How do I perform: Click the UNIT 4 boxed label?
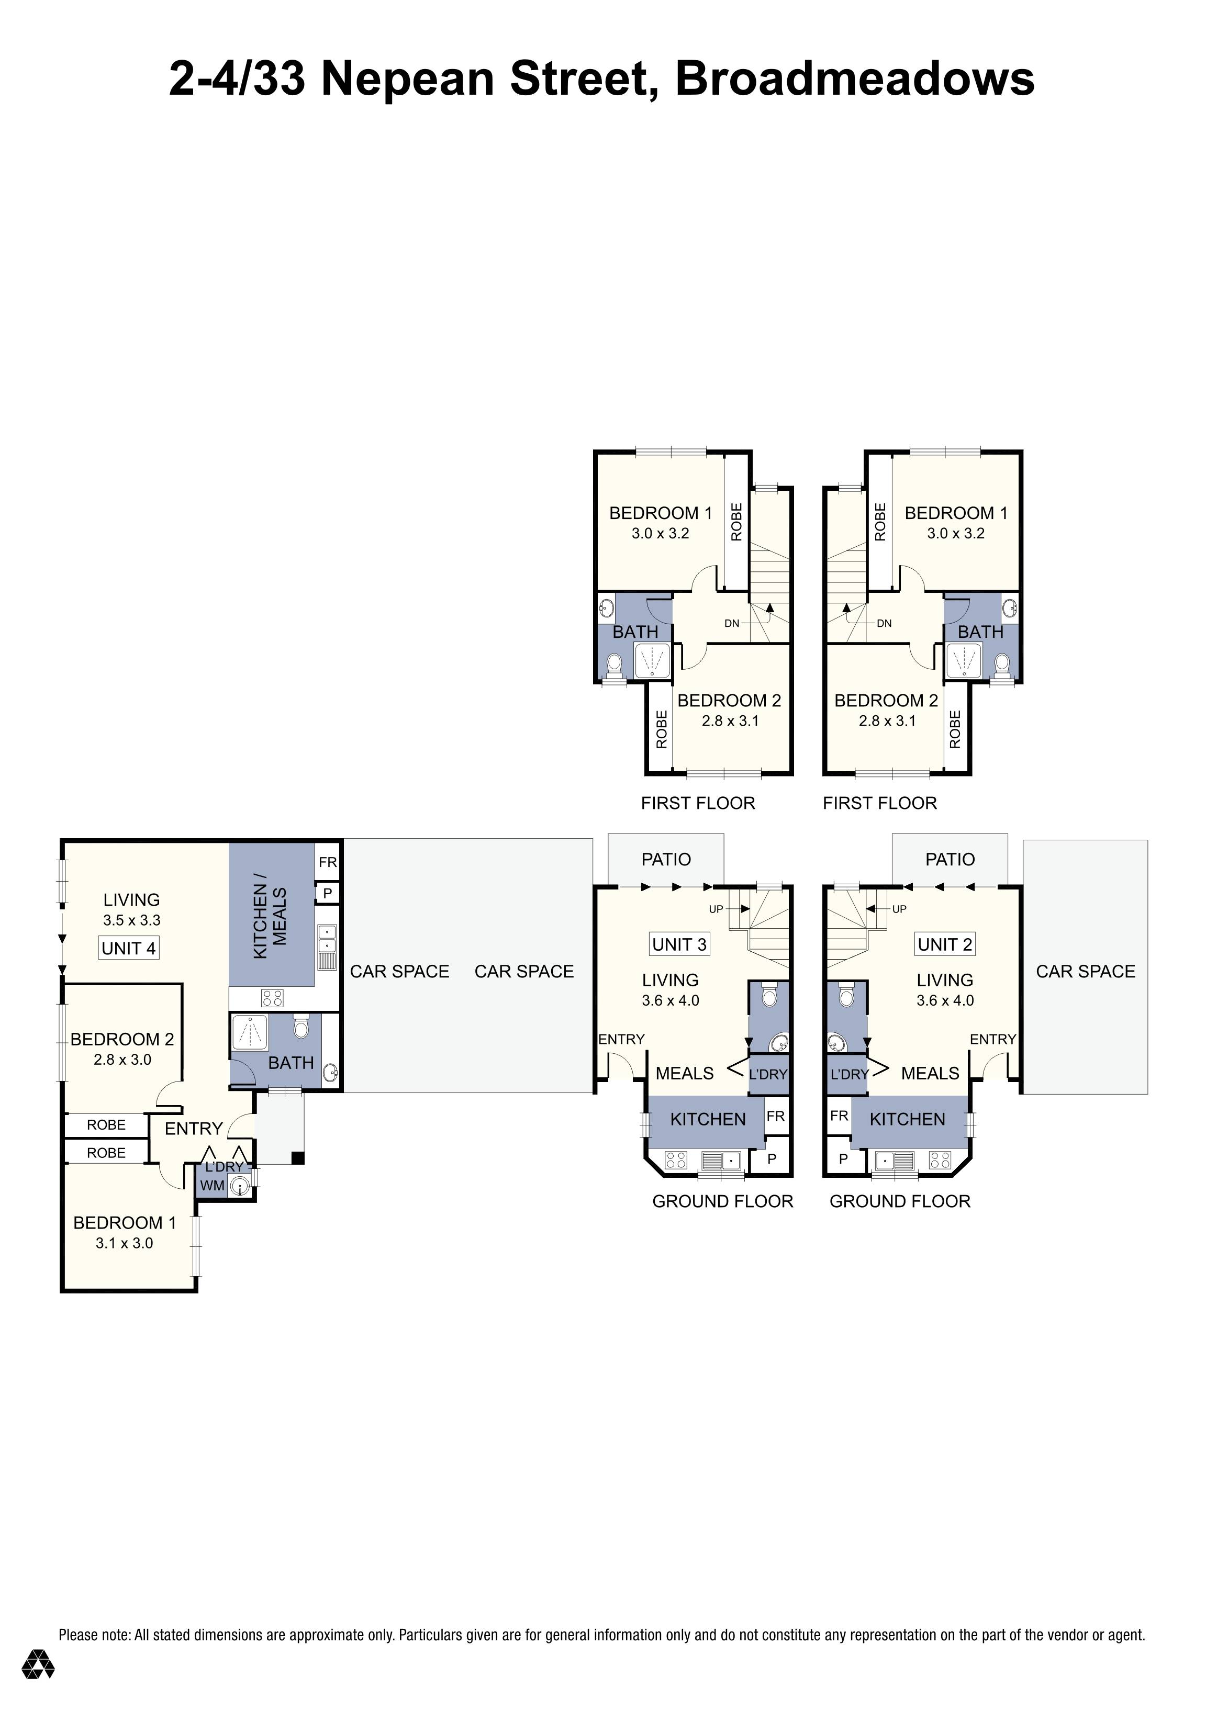tap(128, 949)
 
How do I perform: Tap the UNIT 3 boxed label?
tap(679, 944)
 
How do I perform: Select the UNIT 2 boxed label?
tap(944, 944)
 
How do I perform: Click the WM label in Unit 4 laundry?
tap(212, 1186)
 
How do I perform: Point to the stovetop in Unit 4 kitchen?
tap(272, 998)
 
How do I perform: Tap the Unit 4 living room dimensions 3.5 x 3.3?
tap(131, 920)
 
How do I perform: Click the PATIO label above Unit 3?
tap(666, 860)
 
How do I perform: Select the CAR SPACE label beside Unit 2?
tap(1085, 972)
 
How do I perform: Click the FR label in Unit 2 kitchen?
tap(839, 1116)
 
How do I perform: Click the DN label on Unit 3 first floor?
tap(732, 623)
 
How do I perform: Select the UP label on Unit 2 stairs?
tap(899, 909)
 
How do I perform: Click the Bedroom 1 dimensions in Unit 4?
tap(124, 1243)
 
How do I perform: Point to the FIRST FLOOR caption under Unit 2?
tap(879, 803)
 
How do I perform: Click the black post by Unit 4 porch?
tap(298, 1158)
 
